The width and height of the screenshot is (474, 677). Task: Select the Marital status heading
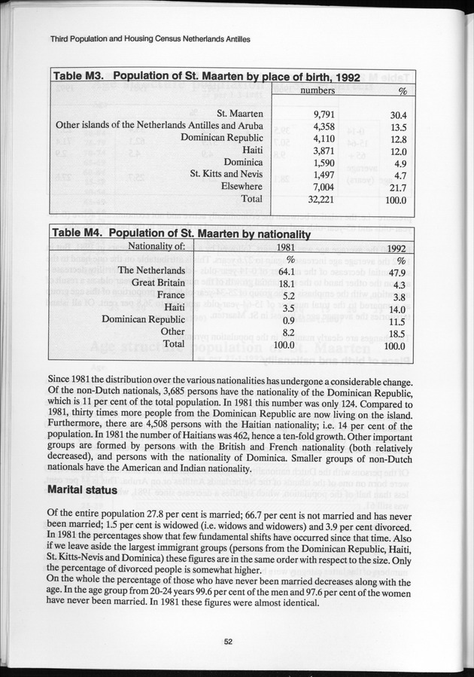[81, 489]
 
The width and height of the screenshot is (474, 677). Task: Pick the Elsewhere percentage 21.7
[398, 187]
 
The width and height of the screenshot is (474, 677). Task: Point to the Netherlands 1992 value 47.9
[397, 273]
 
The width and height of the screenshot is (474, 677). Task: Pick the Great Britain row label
[158, 283]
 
